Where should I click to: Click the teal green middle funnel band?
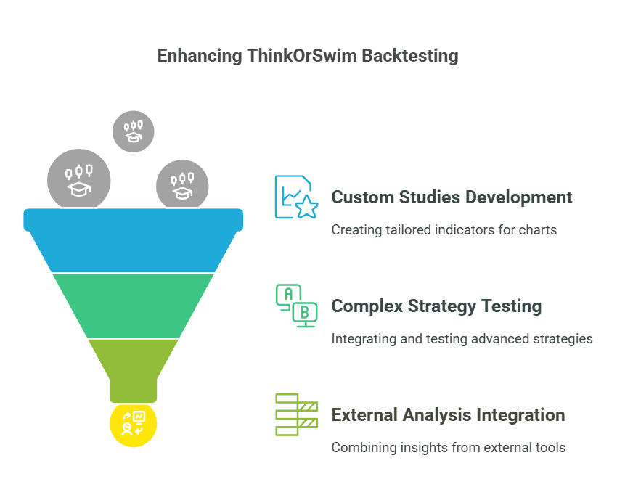[x=134, y=305]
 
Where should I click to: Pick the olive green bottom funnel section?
[x=134, y=367]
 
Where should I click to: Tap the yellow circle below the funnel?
[x=134, y=424]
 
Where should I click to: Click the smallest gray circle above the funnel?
[x=134, y=131]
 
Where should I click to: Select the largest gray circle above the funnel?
[x=79, y=180]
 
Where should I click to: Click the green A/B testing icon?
[x=295, y=306]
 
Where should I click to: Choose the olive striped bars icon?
[x=295, y=414]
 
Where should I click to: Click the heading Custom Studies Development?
[x=452, y=197]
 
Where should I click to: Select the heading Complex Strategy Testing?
[x=436, y=306]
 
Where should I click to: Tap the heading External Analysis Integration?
[x=448, y=415]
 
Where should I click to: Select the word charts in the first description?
[x=539, y=230]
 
